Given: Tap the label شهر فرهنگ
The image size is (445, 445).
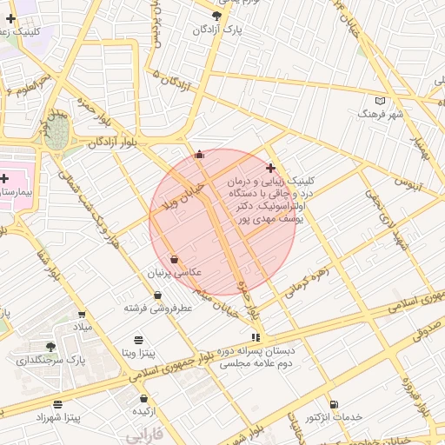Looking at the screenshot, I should (x=382, y=114).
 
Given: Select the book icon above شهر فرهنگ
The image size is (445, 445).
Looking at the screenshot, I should (x=380, y=100).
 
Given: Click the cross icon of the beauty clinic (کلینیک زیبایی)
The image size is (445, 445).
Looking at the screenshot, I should (x=271, y=168).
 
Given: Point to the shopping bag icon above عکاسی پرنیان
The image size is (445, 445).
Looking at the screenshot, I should (x=175, y=259).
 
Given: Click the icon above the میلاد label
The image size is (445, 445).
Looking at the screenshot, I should (x=82, y=314).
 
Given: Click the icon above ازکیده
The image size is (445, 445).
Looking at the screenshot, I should (x=143, y=398).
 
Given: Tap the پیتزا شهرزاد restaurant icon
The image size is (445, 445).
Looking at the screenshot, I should (x=58, y=404).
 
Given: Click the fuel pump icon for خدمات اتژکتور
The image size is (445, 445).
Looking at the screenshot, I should (x=335, y=404).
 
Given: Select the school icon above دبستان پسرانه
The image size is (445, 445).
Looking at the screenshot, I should (x=255, y=337).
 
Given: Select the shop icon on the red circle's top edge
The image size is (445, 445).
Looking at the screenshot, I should (x=200, y=155).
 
